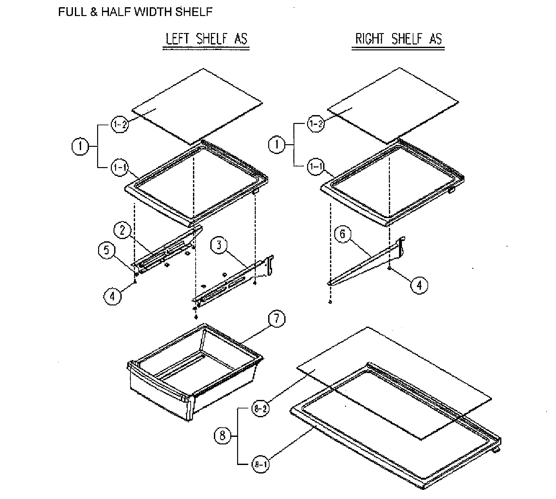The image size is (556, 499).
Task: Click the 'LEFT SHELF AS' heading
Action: [206, 39]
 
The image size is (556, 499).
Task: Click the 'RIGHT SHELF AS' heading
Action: [398, 39]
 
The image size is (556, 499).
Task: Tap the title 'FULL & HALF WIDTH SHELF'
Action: [135, 12]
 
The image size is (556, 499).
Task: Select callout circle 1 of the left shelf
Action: [80, 146]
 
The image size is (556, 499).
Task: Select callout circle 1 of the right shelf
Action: [277, 145]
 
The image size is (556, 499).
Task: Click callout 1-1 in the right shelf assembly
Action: [316, 167]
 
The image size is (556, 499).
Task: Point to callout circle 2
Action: [122, 230]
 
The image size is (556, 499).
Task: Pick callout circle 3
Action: [219, 245]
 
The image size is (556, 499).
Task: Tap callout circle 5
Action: [107, 250]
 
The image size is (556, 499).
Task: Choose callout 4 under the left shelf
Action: [112, 296]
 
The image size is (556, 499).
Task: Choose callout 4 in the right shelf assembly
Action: [419, 285]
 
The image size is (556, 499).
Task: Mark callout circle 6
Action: [342, 234]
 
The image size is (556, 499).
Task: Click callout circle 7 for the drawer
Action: [276, 318]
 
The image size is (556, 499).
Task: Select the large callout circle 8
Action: [222, 436]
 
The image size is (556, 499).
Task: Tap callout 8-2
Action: [260, 409]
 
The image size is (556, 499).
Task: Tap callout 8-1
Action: [260, 464]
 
